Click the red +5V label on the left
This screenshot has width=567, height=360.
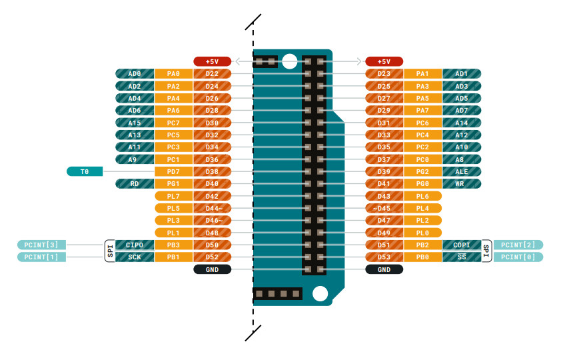click(x=212, y=61)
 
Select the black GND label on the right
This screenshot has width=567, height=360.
click(x=384, y=269)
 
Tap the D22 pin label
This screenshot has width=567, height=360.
click(x=213, y=73)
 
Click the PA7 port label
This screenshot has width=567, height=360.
click(x=422, y=110)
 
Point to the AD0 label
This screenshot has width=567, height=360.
click(x=135, y=73)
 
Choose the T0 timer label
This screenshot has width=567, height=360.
click(x=85, y=171)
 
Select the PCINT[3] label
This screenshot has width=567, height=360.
click(x=41, y=245)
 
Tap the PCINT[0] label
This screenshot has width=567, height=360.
click(x=518, y=257)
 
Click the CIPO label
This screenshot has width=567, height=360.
click(x=135, y=245)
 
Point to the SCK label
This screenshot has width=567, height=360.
click(x=135, y=257)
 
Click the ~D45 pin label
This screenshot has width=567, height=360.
click(x=384, y=208)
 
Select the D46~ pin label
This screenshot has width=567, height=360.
click(x=213, y=220)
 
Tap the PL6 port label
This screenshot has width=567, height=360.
click(x=422, y=196)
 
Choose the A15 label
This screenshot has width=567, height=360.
click(x=135, y=123)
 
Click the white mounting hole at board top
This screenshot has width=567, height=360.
click(x=289, y=62)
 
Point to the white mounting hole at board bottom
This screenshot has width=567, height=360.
click(x=320, y=293)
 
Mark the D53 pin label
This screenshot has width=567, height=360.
click(x=384, y=257)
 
